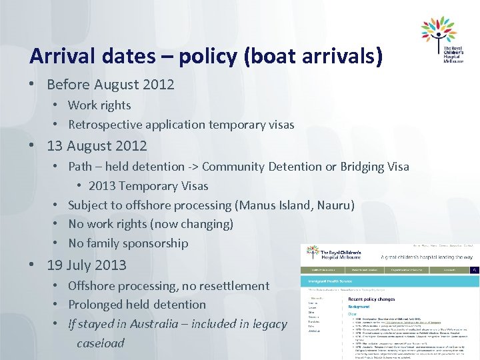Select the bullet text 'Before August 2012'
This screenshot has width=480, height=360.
point(110,85)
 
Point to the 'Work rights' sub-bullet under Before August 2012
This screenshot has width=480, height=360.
point(99,105)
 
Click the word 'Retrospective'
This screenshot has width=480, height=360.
point(105,125)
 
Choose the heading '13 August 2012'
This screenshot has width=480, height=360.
point(97,145)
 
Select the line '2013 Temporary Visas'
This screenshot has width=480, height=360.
point(148,186)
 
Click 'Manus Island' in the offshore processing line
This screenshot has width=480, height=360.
point(275,205)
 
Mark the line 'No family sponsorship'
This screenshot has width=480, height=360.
point(128,243)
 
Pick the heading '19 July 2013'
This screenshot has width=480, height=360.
point(87,265)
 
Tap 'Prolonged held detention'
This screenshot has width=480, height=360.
point(137,305)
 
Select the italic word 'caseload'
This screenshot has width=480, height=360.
point(100,343)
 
